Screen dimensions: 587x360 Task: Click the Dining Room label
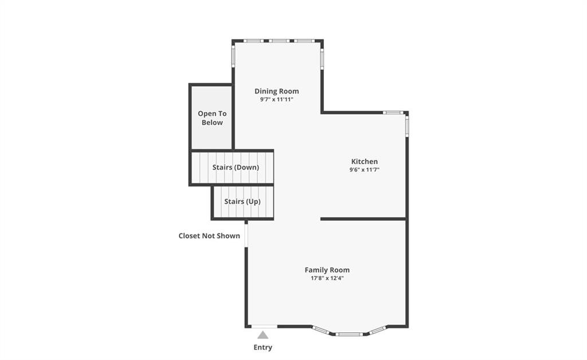pos(277,91)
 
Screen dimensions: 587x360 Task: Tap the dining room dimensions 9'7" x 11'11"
pos(277,100)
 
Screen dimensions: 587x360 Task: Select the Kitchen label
pos(364,161)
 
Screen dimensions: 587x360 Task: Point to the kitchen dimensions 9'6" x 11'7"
pos(364,170)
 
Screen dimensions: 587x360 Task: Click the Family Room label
pos(327,270)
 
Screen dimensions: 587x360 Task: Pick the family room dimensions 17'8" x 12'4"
pos(327,278)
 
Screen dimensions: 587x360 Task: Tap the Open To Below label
pos(212,118)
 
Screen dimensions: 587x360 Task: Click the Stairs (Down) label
pos(236,167)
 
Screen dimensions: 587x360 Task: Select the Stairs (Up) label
pos(242,201)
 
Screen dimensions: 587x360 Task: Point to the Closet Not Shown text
pos(209,236)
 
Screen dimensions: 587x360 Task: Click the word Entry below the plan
pos(263,347)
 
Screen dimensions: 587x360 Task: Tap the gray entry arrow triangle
pos(263,335)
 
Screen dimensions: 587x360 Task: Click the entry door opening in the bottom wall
pos(264,327)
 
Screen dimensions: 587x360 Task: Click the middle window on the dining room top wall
pos(279,41)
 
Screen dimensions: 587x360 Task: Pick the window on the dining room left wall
pos(233,56)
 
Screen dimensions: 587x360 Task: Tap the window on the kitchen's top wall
pos(393,112)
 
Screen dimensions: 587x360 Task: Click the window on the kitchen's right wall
pos(407,126)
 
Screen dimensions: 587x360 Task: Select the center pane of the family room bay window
pos(349,334)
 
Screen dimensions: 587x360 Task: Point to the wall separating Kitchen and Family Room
pos(363,218)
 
